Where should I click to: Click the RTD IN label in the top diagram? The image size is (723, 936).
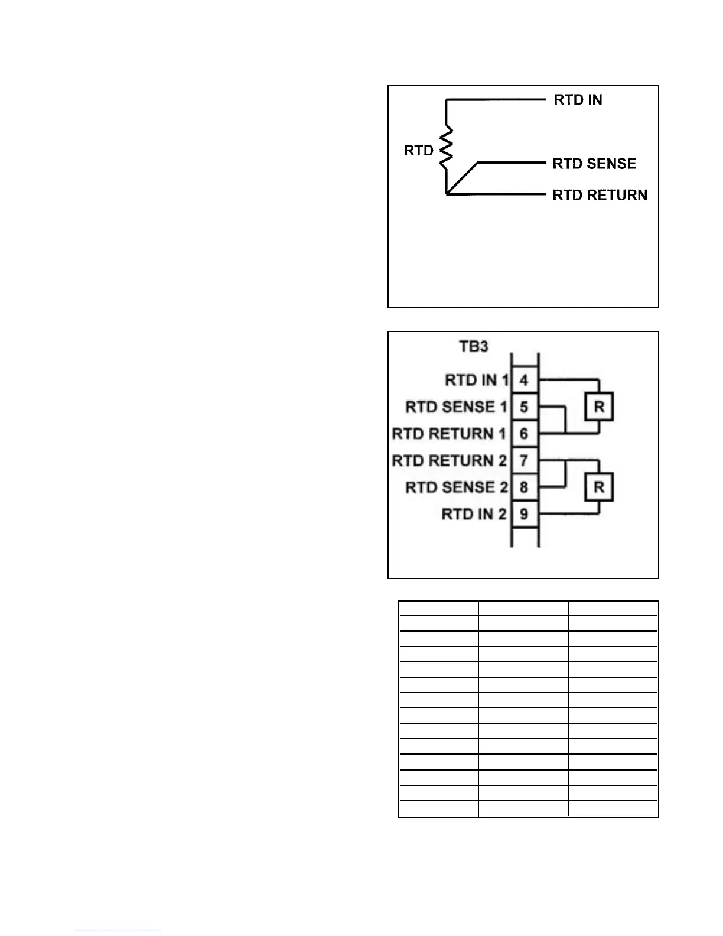578,100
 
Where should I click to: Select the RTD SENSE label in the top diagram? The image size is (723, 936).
594,164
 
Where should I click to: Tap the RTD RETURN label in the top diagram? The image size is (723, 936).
600,195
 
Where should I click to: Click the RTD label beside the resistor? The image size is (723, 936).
419,151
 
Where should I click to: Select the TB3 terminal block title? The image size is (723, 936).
474,346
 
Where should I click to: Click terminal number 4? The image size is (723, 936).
524,380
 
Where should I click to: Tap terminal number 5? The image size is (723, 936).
524,407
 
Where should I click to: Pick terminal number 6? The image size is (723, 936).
524,434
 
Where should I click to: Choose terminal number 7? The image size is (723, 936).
524,460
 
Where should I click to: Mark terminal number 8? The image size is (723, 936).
524,487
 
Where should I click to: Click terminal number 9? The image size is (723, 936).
524,514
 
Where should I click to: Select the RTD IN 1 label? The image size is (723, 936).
476,380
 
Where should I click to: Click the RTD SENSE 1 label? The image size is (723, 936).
456,407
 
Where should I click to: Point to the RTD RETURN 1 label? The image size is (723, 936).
449,434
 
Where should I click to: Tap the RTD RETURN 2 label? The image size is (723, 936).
449,460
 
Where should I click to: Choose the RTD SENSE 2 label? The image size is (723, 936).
456,487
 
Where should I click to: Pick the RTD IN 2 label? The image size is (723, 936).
474,514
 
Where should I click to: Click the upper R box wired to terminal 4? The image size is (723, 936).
599,407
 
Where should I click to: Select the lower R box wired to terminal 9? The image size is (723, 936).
599,487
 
